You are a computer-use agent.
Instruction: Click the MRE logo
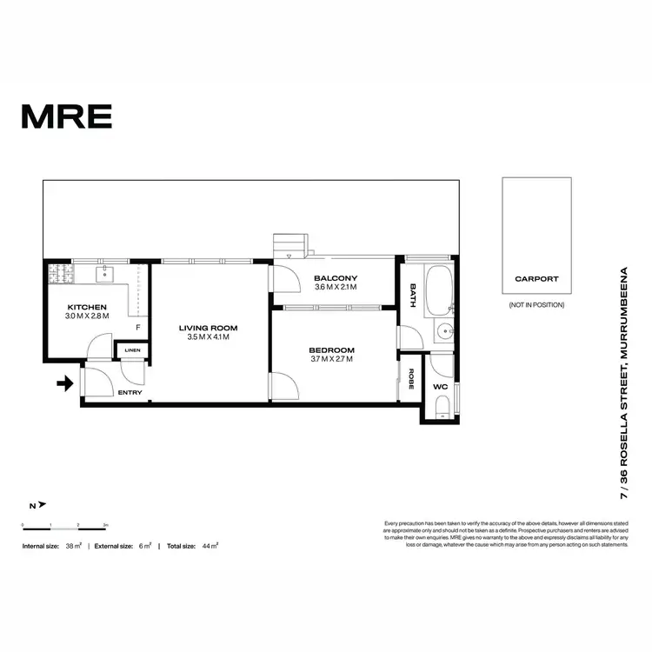coord(67,115)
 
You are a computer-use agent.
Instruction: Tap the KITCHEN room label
coord(87,307)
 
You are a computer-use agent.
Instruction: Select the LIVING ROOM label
coord(208,328)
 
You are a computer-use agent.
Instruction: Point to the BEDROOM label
coord(332,350)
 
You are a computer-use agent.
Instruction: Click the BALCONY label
coord(336,278)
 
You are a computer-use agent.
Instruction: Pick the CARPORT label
coord(536,279)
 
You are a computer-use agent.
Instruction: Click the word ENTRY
coord(130,393)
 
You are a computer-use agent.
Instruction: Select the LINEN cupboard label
coord(132,350)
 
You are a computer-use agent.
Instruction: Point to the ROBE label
coord(410,379)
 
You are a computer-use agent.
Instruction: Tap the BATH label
coord(413,296)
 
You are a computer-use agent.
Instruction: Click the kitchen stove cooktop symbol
coord(58,276)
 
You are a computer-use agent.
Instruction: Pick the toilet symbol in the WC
coord(442,405)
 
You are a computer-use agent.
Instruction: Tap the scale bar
coord(64,525)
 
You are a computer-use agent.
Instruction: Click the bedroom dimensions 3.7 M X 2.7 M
coord(331,360)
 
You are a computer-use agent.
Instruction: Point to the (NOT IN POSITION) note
coord(536,305)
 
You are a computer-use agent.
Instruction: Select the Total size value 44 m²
coord(210,546)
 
